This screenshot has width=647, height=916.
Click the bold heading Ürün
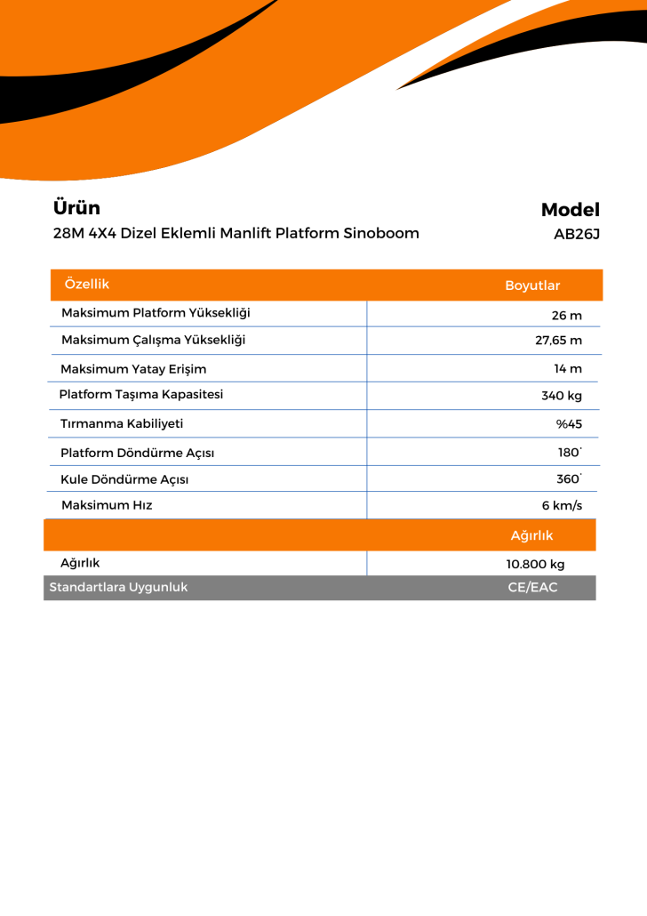[76, 208]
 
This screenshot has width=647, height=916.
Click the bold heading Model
[570, 210]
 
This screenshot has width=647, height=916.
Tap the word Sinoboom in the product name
[381, 234]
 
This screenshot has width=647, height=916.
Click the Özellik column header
[87, 284]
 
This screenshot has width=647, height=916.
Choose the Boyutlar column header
[532, 285]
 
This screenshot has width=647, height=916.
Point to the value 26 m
[566, 315]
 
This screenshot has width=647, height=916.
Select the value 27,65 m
[558, 341]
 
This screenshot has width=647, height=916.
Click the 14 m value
[568, 368]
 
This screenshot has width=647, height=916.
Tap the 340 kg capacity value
[562, 396]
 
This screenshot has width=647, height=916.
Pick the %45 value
[569, 424]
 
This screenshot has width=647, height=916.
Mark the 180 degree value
[570, 453]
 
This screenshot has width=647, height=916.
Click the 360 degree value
[569, 478]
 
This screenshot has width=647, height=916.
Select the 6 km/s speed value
[562, 506]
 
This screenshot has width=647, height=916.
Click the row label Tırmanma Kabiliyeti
[122, 423]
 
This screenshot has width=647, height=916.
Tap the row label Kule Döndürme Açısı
[124, 479]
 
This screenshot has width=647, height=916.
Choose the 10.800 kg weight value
[535, 564]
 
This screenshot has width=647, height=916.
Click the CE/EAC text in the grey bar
[532, 588]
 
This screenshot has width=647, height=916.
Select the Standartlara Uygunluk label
[118, 587]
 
